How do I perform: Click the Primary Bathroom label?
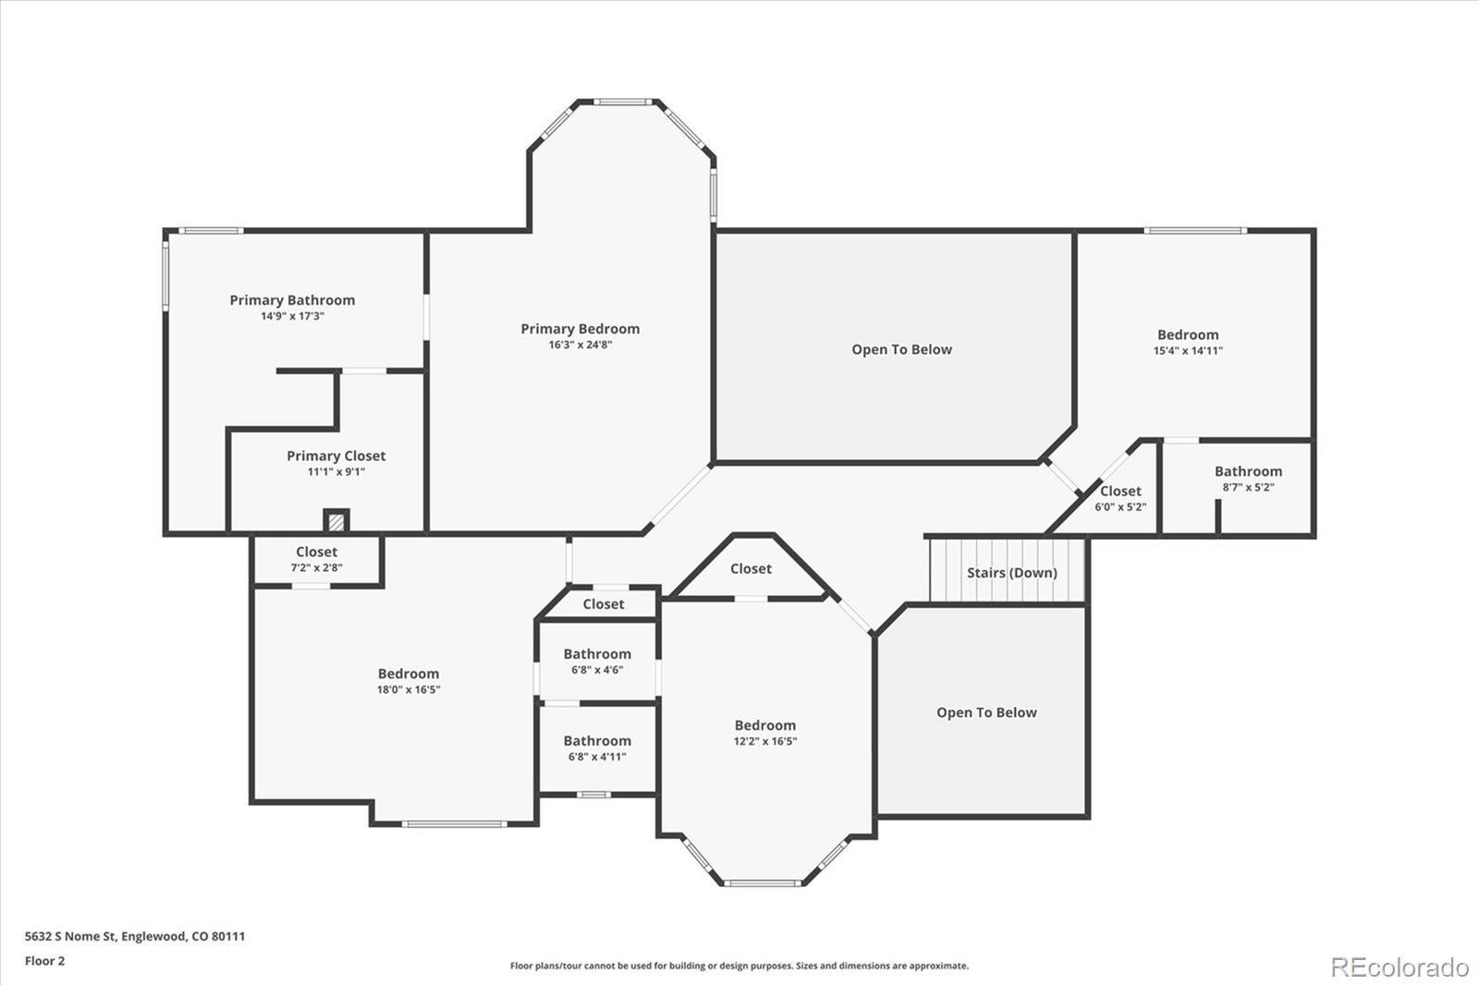(x=292, y=300)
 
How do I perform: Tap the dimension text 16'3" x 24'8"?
(x=580, y=345)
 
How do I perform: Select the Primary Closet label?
(x=336, y=456)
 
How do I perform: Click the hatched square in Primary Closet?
(x=336, y=522)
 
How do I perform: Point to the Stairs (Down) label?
(x=1011, y=572)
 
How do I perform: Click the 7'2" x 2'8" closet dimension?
(x=316, y=567)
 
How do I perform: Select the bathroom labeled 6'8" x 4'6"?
(x=597, y=654)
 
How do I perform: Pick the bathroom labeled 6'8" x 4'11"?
(x=597, y=741)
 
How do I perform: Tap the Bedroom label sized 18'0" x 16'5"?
(x=408, y=674)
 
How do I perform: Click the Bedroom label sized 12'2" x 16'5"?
(x=764, y=725)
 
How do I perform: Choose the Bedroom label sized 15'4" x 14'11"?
(x=1188, y=334)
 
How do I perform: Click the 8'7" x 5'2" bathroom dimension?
(x=1248, y=487)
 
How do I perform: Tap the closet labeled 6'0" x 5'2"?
(x=1120, y=491)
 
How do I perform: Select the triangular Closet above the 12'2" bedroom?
(x=751, y=568)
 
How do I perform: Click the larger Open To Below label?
(x=901, y=349)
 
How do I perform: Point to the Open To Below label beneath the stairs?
(x=986, y=712)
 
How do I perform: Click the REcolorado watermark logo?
(x=1399, y=967)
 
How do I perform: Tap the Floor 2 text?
(x=44, y=961)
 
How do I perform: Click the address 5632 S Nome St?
(x=134, y=936)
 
